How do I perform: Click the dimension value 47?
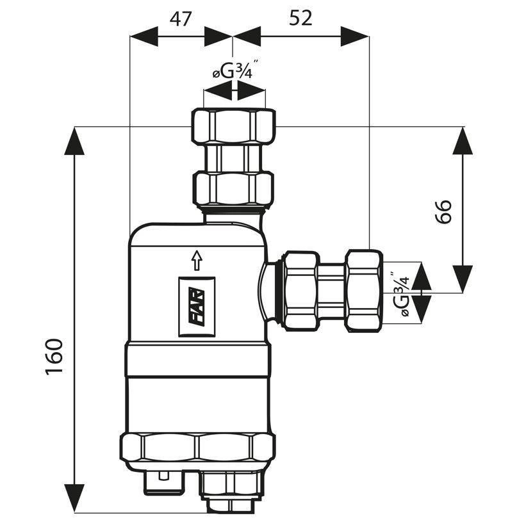[180, 19]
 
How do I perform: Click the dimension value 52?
[300, 18]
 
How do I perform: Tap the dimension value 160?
[54, 357]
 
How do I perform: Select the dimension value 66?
[443, 212]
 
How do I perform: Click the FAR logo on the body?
[197, 307]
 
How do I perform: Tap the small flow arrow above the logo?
[197, 261]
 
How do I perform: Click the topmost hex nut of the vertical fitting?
[234, 126]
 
